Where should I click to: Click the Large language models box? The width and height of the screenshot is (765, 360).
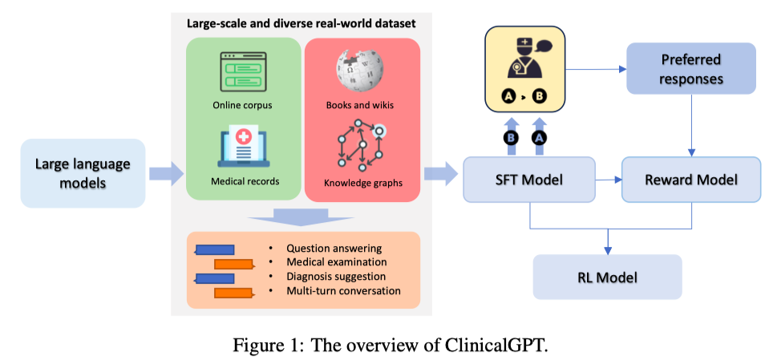pos(83,173)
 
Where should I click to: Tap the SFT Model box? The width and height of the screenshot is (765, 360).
pos(529,180)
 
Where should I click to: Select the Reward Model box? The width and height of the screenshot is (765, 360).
pos(691,180)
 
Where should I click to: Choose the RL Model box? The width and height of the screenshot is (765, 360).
pos(607,277)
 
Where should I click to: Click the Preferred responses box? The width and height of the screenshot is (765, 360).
pos(691,69)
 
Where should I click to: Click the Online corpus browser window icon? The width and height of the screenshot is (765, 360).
pos(243,72)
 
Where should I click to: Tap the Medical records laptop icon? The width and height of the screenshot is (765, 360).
pos(242,148)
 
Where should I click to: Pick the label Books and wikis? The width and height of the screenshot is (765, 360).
pos(360,105)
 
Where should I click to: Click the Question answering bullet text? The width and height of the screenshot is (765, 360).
pos(334,248)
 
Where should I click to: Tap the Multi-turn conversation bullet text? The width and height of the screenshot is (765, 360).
pos(344,291)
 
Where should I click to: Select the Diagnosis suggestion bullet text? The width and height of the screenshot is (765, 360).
pos(336,277)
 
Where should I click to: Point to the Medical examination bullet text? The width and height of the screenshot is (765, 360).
pos(337,262)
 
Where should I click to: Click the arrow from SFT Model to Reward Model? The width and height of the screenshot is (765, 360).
pos(609,180)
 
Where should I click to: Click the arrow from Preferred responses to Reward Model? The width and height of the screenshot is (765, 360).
pos(691,125)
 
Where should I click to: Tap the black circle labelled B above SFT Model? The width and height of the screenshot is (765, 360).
pos(511,139)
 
